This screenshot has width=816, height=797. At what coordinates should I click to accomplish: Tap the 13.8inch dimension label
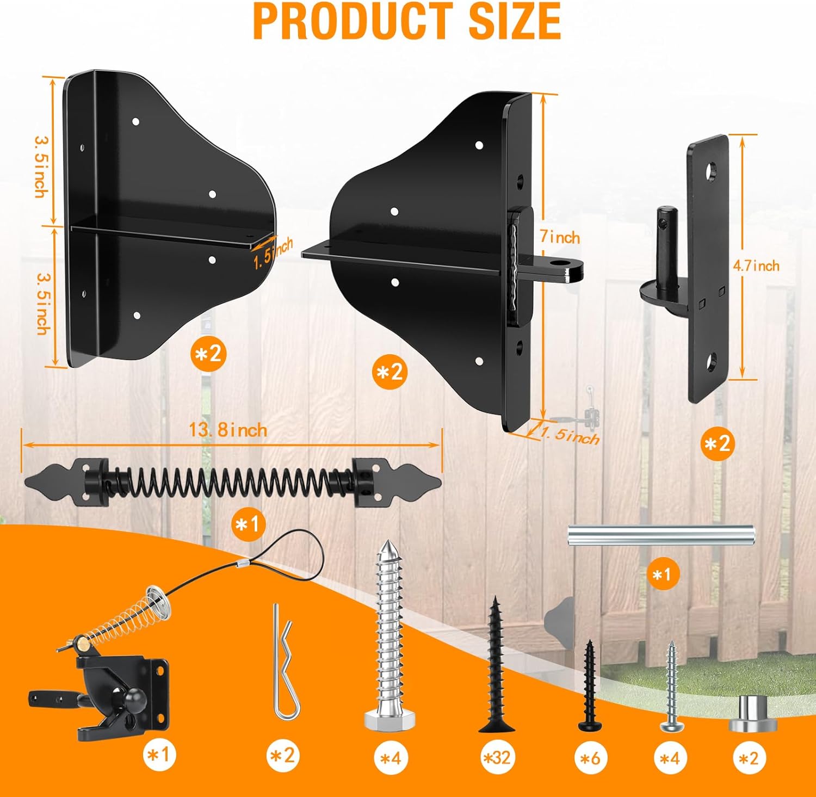[228, 430]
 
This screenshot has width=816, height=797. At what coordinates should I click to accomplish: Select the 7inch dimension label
[559, 237]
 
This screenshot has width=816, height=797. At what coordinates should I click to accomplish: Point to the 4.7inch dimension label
[756, 265]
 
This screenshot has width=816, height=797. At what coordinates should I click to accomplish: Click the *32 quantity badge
[497, 757]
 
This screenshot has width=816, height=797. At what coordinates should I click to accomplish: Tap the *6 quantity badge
[590, 757]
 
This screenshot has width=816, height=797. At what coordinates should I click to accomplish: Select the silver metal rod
[660, 535]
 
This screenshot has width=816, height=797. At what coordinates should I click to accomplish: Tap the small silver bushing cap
[752, 714]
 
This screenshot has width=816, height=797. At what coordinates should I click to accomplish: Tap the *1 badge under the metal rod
[663, 574]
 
